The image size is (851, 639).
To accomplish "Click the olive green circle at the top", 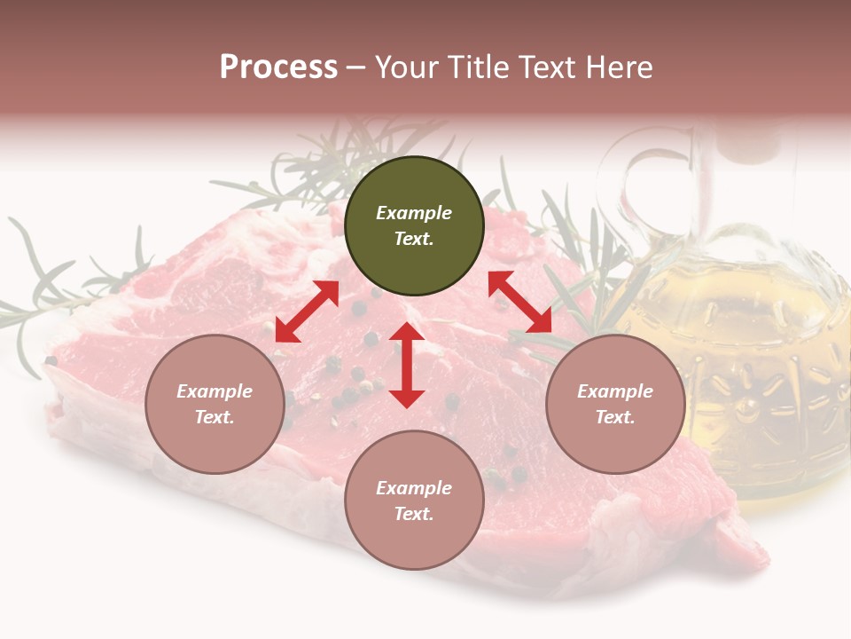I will coord(414,226).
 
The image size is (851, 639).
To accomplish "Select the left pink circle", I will coord(215,404).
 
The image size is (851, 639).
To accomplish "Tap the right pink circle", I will coord(615,404).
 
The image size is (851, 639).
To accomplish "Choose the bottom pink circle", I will coord(414,501).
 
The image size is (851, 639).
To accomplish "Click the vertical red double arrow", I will coord(407,365).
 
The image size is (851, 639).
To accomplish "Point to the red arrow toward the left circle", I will coord(307,311).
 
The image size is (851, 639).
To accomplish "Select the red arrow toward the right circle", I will coord(520,302).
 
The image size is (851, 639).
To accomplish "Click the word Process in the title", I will coord(278,67).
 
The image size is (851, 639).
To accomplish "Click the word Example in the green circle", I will coord(414,213).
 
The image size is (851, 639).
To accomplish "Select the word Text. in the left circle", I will coord(215,417).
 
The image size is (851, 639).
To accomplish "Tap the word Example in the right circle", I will coord(615,391).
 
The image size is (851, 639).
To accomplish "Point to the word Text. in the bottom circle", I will coord(414,514).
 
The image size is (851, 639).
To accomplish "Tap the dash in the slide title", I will coord(356,67).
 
